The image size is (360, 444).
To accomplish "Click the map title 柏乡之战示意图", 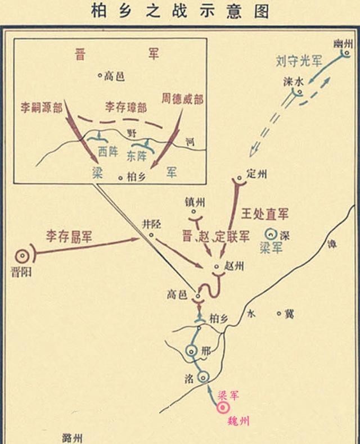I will pos(179,11).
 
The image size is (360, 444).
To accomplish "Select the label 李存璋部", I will pos(124,107).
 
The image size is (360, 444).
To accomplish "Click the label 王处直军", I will pos(264,214).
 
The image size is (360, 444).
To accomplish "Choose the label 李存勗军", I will pos(70,236).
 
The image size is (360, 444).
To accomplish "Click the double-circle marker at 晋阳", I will pos(24,256).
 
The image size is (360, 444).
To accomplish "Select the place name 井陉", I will pos(152,224).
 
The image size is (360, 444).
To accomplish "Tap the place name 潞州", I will pos(74,437).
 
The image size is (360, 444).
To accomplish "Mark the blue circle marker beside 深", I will pos(272,233).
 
